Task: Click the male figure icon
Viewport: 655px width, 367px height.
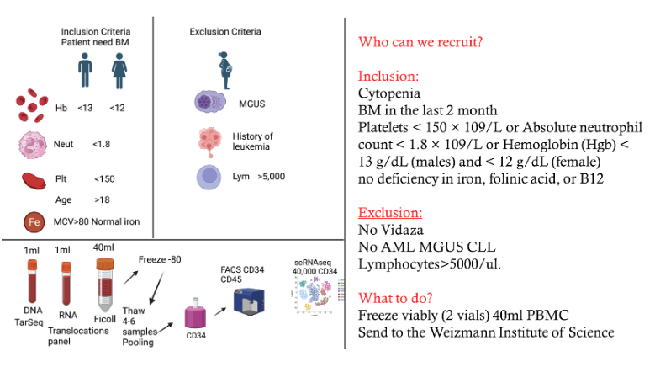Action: click(x=86, y=69)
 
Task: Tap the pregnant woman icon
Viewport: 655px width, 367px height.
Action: click(x=226, y=68)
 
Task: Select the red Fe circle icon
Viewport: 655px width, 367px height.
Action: click(x=34, y=222)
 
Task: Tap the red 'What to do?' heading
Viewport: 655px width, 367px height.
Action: click(x=397, y=298)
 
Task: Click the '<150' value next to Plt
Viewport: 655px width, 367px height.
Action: click(x=105, y=179)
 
